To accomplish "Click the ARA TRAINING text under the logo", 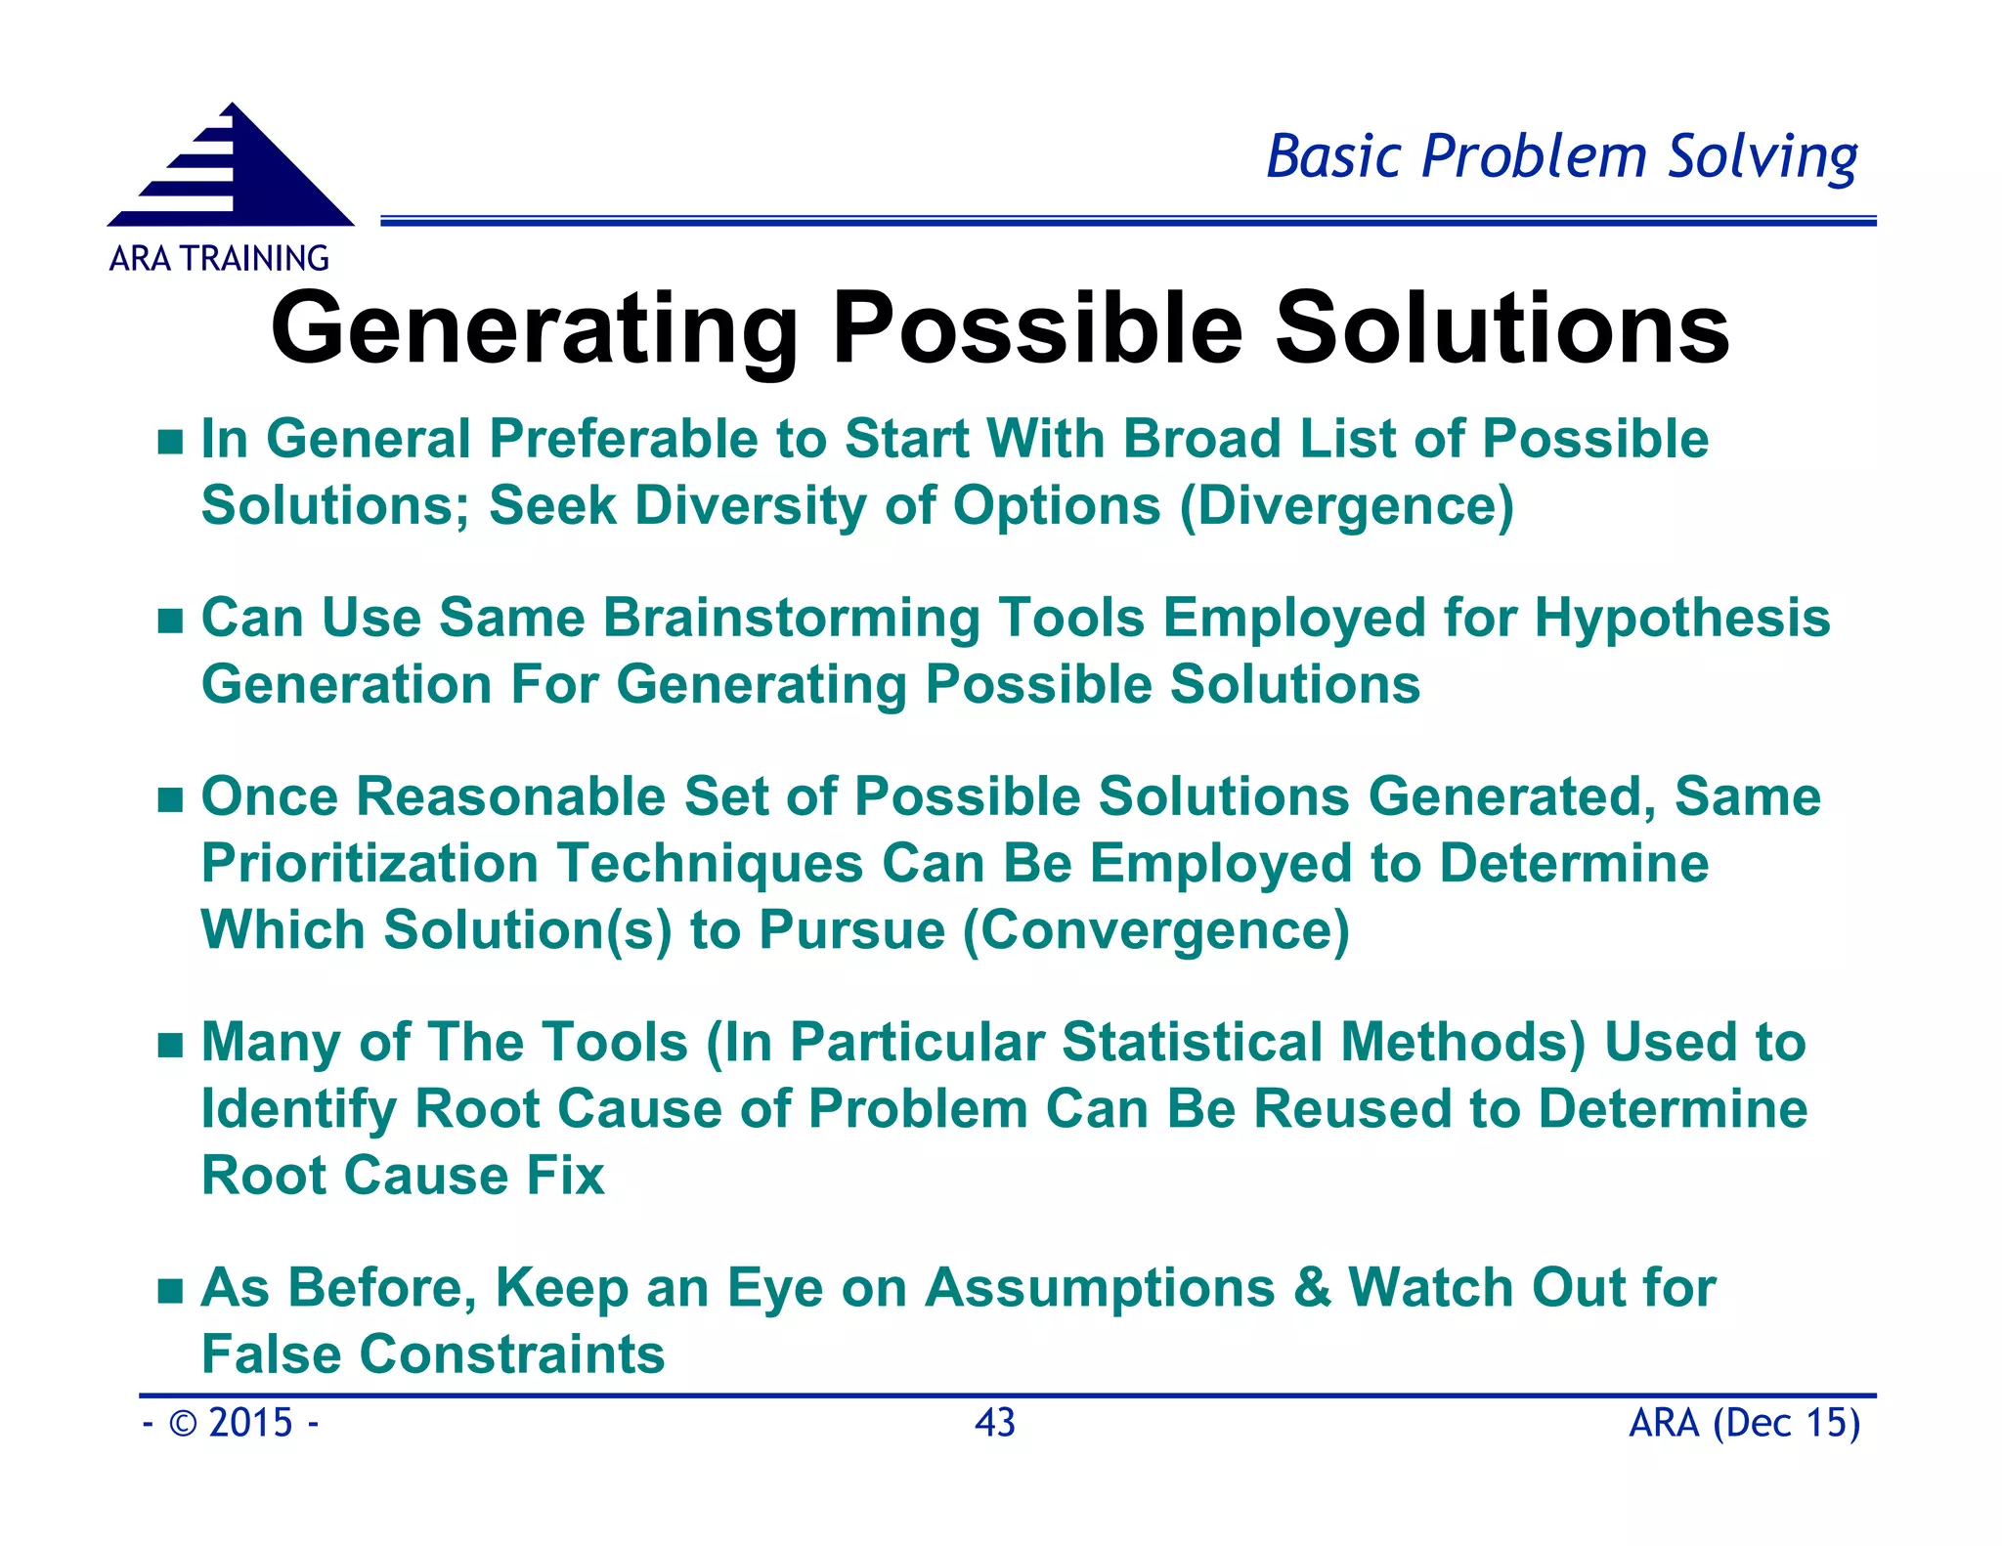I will click(x=219, y=259).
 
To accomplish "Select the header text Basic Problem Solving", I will click(x=1561, y=157).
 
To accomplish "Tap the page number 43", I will click(x=995, y=1423).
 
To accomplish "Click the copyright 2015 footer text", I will click(x=231, y=1423).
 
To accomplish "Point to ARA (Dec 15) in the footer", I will click(x=1744, y=1423).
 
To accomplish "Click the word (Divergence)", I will click(x=1346, y=506).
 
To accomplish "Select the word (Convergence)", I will click(x=1156, y=929).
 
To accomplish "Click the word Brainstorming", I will click(x=791, y=619).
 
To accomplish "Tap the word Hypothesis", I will click(x=1681, y=619).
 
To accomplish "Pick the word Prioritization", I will click(x=370, y=864).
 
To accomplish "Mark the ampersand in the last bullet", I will click(x=1311, y=1287).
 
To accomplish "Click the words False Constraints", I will click(x=433, y=1354).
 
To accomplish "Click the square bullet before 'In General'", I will click(x=170, y=442).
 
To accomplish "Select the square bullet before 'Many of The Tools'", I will click(x=170, y=1046).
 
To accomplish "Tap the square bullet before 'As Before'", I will click(x=170, y=1291).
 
